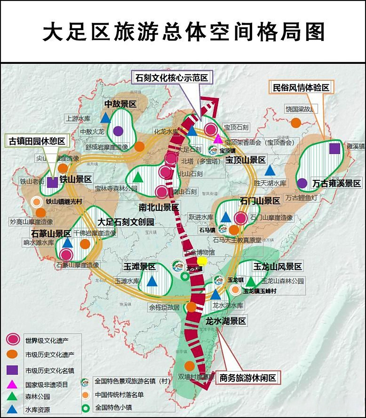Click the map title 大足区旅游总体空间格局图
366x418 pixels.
point(183,32)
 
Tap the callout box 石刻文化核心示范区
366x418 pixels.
point(172,78)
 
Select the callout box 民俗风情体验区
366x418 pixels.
point(301,88)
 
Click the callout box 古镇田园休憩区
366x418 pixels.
point(37,141)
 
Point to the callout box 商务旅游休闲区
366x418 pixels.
point(248,378)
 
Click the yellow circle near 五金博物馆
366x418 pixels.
point(202,261)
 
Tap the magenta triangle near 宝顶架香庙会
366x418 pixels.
point(218,138)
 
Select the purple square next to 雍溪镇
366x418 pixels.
point(335,149)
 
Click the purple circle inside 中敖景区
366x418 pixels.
point(118,131)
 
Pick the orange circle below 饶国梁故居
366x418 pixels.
point(296,123)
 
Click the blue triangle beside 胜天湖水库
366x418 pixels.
point(270,170)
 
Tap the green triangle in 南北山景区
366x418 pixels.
point(138,177)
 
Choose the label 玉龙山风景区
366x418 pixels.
point(277,267)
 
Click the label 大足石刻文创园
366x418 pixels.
point(126,222)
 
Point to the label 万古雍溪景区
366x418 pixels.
point(337,183)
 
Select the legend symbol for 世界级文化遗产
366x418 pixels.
point(12,339)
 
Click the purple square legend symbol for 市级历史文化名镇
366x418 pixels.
point(12,370)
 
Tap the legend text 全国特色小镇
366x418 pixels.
point(113,408)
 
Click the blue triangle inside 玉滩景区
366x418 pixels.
point(152,281)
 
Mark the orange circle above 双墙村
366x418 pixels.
point(189,366)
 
